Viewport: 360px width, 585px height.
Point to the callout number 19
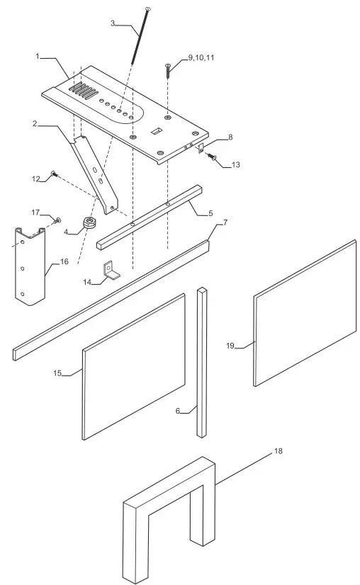230,345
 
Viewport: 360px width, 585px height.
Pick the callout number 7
225,222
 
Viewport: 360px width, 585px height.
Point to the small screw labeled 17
58,220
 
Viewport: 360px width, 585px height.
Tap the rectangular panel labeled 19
305,312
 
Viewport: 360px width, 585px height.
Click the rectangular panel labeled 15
135,365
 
